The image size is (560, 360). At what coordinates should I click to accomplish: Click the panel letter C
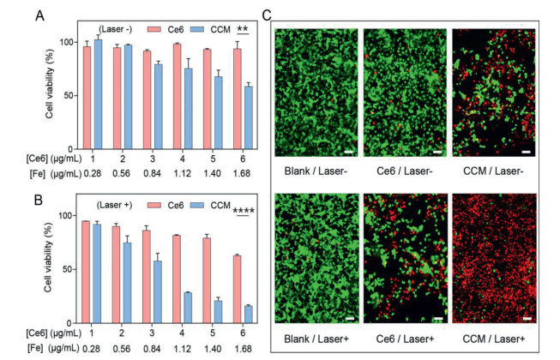click(267, 15)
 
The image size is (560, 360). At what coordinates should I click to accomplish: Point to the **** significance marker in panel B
click(244, 207)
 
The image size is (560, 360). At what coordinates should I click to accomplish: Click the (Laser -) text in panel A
click(115, 28)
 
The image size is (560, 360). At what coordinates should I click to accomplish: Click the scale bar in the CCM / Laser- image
click(526, 153)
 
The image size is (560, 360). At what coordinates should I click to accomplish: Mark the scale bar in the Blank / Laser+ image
click(347, 320)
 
